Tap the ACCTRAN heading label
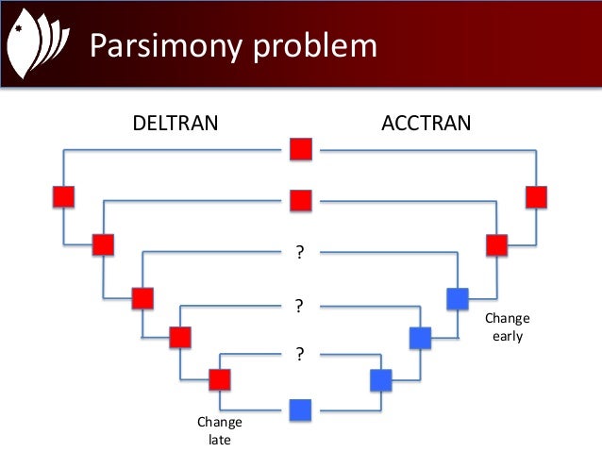pyautogui.click(x=426, y=122)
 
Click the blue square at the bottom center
pyautogui.click(x=300, y=410)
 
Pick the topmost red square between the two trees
pyautogui.click(x=300, y=149)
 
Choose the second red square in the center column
pyautogui.click(x=300, y=200)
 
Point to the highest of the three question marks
pyautogui.click(x=300, y=252)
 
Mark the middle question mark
pyautogui.click(x=300, y=306)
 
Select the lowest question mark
pyautogui.click(x=300, y=355)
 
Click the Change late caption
pyautogui.click(x=219, y=430)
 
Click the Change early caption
pyautogui.click(x=508, y=326)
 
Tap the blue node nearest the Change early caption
pyautogui.click(x=458, y=298)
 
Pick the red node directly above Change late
pyautogui.click(x=220, y=379)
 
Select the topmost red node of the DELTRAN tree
pyautogui.click(x=63, y=196)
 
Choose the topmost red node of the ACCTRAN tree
pyautogui.click(x=536, y=196)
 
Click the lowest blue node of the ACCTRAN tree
pyautogui.click(x=380, y=379)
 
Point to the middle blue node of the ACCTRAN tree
pyautogui.click(x=420, y=337)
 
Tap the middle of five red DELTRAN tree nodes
pyautogui.click(x=142, y=298)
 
